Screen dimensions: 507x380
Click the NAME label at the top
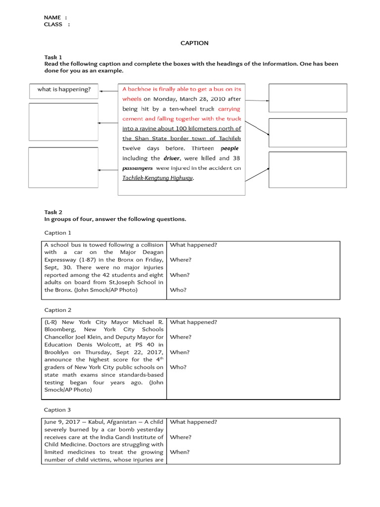coord(52,17)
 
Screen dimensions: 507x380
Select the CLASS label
coord(53,24)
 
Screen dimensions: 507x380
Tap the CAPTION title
coord(194,43)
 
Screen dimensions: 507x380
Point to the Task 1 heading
coord(53,57)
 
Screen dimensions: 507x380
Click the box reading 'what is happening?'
coord(64,90)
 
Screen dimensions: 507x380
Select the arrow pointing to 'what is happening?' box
coord(108,91)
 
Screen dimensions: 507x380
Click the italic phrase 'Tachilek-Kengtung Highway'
coord(158,178)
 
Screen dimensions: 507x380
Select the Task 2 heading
coord(53,212)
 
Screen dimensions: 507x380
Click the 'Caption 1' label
coord(57,233)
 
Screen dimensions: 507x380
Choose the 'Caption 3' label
coord(57,410)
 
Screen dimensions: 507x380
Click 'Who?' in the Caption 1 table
coord(178,290)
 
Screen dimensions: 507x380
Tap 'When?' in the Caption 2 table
coord(180,352)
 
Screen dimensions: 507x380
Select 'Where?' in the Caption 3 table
coord(181,437)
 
